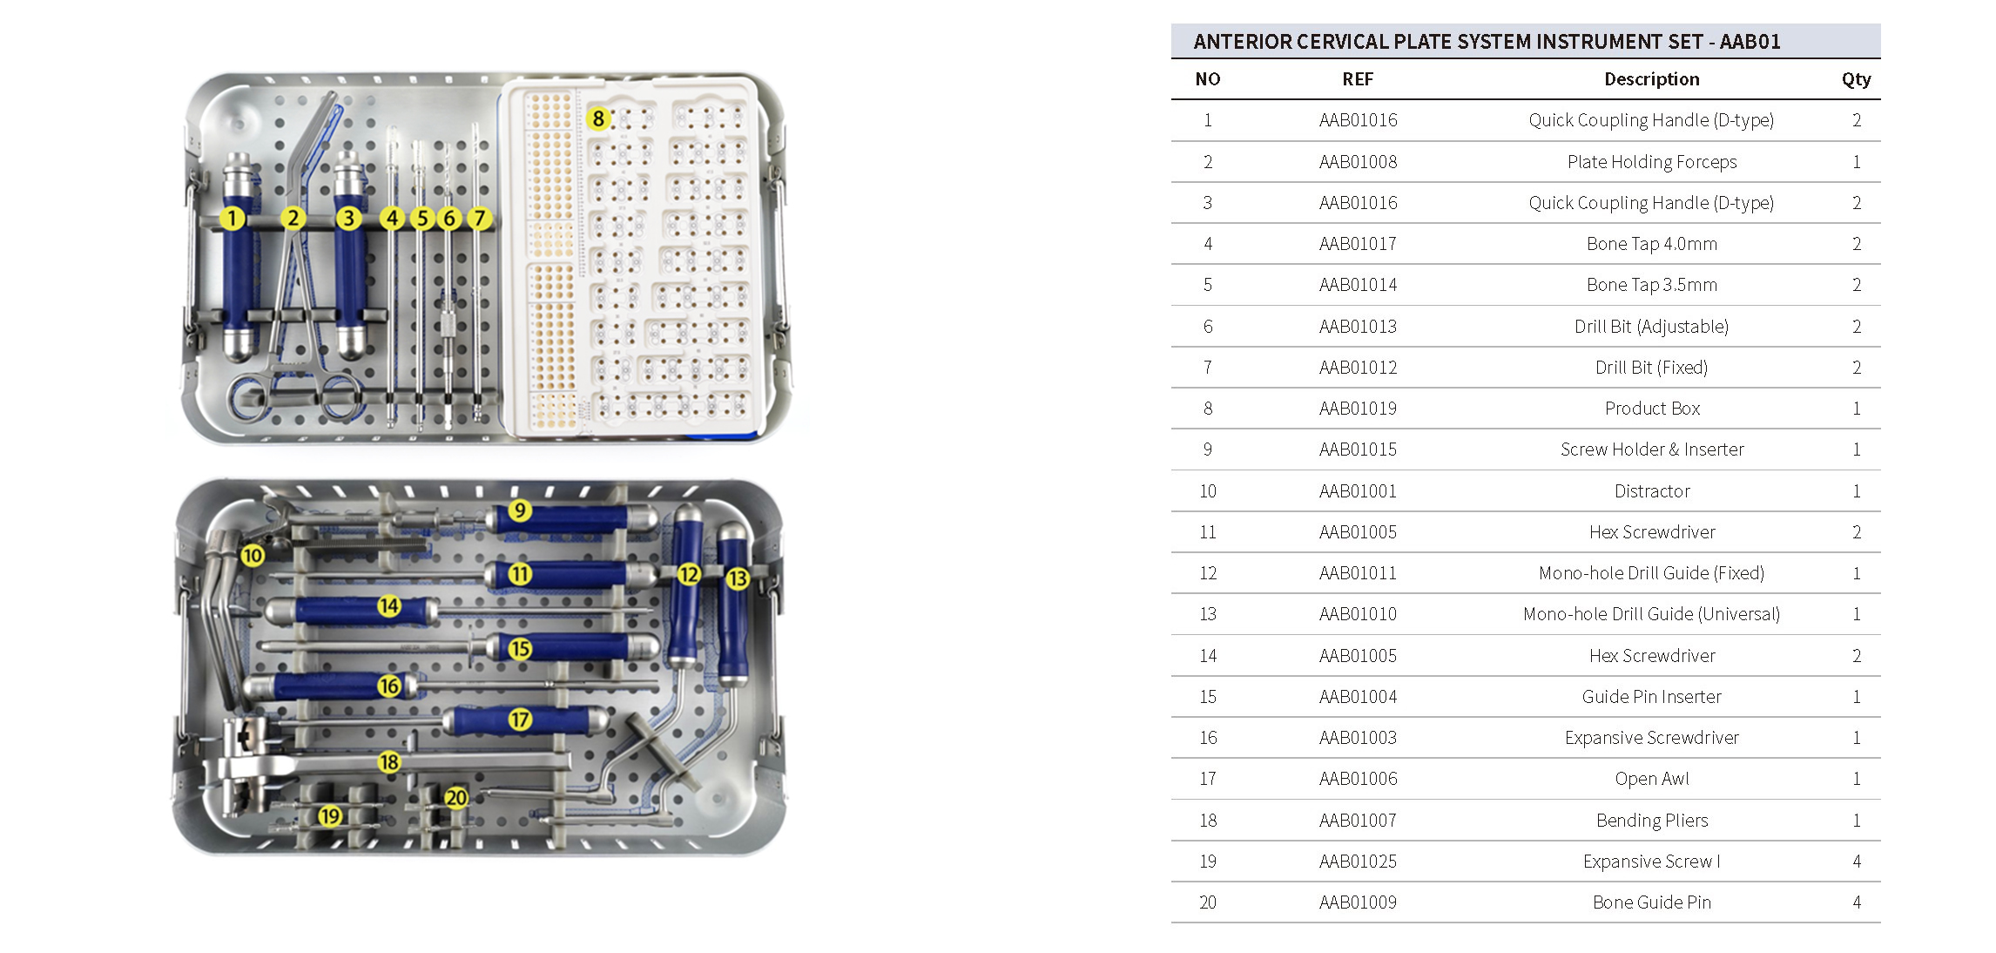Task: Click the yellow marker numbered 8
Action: pos(598,118)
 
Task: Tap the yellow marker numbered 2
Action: pos(293,218)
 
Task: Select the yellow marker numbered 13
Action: pos(738,578)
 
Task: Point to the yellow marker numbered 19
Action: pos(329,816)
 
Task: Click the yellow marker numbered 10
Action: pos(253,555)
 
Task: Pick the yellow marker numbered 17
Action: pos(520,720)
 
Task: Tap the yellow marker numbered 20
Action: pos(456,797)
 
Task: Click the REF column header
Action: pos(1357,79)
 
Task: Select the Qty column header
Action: pos(1855,79)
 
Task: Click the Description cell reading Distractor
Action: pos(1651,491)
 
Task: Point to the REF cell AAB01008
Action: pos(1357,162)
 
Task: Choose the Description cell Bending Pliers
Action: pos(1651,821)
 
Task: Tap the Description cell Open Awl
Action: pos(1651,779)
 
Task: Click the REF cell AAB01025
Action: pos(1357,862)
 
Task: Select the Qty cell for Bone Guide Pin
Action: pos(1856,902)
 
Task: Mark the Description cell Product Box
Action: pos(1651,409)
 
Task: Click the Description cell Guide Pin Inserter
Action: pos(1651,697)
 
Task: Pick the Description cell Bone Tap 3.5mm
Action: pos(1651,285)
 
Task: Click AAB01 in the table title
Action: pos(1750,42)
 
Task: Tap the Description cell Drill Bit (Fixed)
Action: pos(1651,368)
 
